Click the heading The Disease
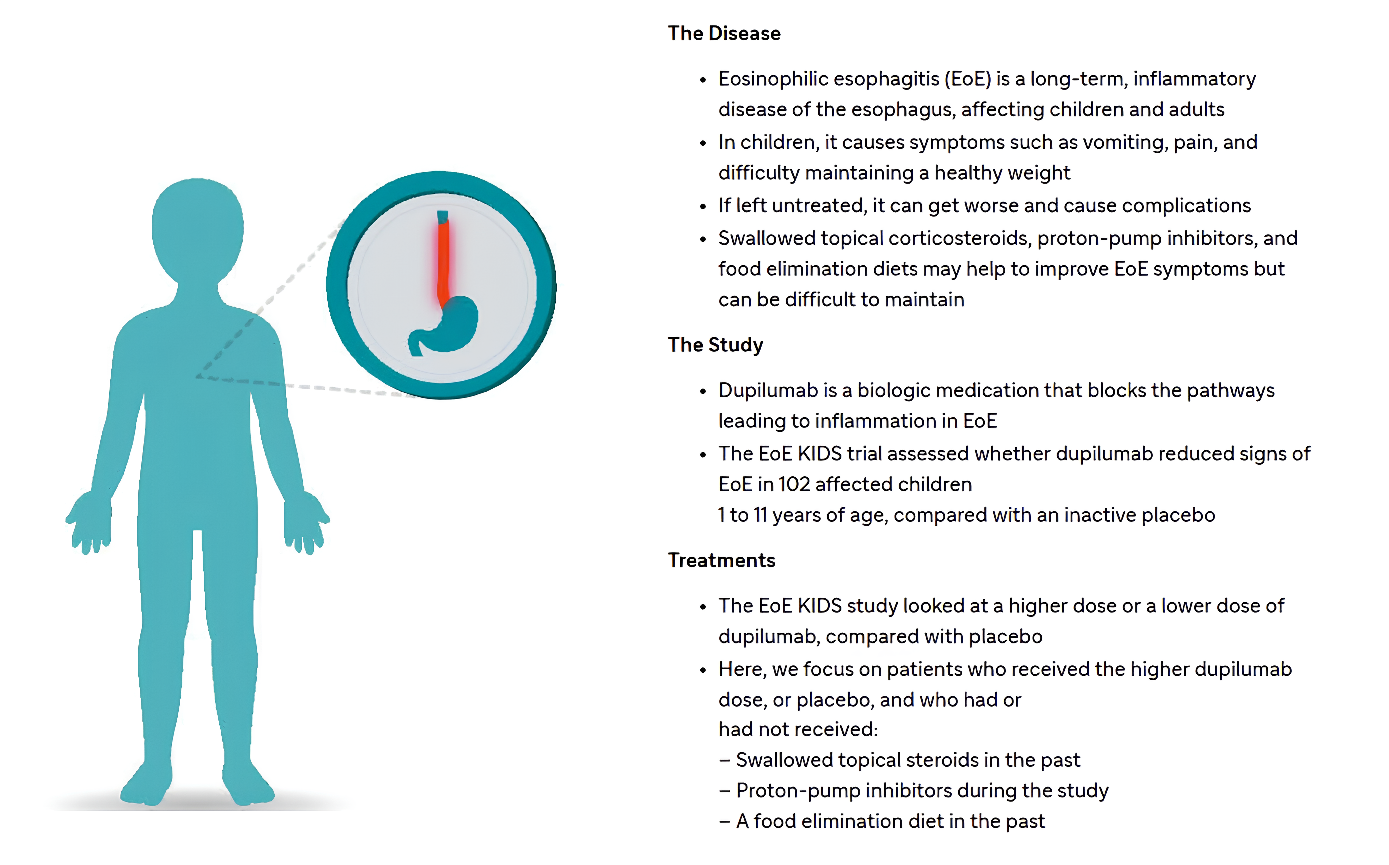[x=724, y=33]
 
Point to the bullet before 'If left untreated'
[x=703, y=206]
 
